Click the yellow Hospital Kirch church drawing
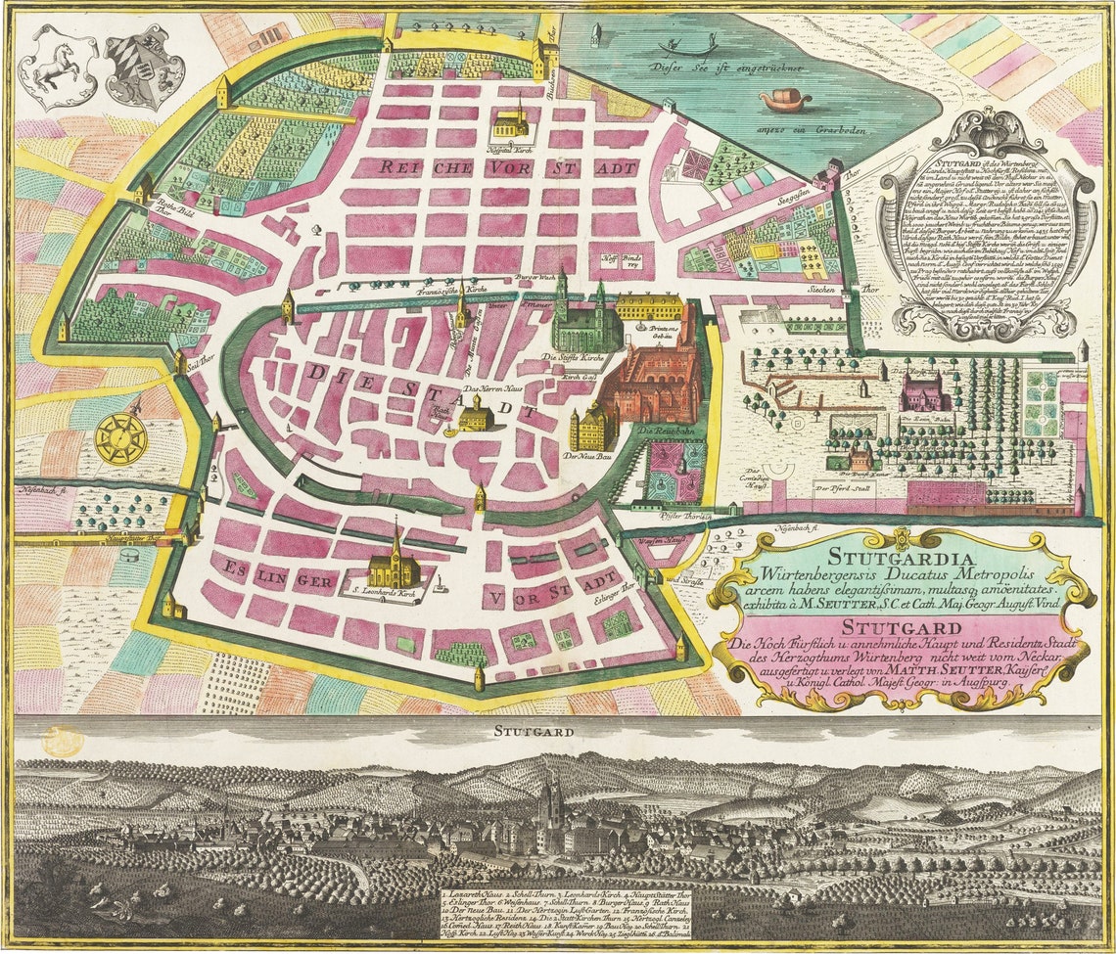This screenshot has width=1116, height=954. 510,122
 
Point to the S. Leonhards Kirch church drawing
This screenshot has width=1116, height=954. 394,567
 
